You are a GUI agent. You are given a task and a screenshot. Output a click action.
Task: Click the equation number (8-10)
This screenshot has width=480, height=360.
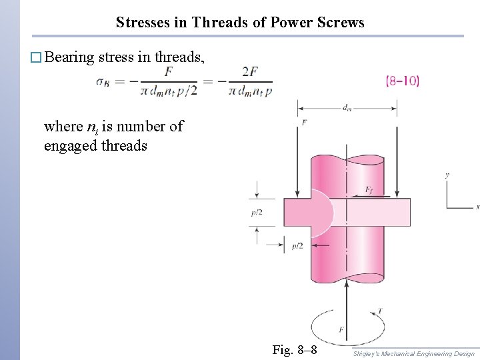(403, 81)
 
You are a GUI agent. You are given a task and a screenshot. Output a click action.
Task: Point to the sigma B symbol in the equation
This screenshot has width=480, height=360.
(104, 82)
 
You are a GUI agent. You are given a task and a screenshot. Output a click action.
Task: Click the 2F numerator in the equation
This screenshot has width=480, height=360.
(250, 71)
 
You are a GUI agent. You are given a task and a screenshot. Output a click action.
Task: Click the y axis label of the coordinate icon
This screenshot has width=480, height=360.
(447, 175)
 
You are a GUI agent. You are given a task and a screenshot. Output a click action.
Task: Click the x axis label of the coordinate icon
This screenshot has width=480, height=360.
(477, 207)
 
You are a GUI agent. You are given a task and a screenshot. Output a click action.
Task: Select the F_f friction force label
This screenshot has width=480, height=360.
(369, 191)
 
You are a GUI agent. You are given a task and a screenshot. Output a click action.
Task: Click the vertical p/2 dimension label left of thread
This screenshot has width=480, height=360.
(256, 213)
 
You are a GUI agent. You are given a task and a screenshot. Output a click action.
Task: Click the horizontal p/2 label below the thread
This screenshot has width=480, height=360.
(297, 246)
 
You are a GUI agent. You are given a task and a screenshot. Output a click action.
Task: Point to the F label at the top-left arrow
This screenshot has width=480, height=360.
(304, 123)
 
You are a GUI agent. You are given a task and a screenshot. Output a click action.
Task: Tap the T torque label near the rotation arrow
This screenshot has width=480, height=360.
(379, 311)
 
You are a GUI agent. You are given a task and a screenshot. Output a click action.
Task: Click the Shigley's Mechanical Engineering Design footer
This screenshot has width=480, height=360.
(415, 354)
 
